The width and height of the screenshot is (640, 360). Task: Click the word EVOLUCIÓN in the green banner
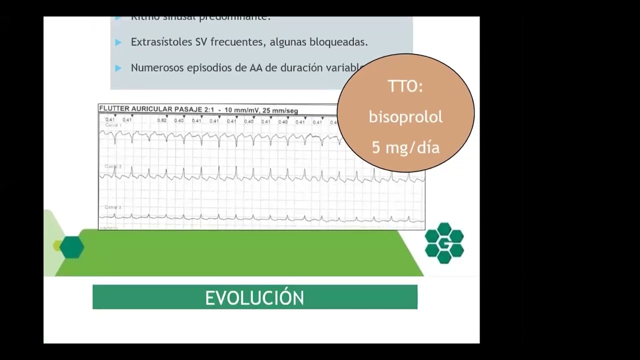click(x=254, y=297)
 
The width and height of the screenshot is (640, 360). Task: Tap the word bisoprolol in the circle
click(x=405, y=117)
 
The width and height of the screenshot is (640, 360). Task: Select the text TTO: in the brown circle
click(x=405, y=86)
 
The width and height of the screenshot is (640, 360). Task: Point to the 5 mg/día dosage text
click(x=405, y=148)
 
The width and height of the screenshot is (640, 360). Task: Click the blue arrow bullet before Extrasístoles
click(x=118, y=42)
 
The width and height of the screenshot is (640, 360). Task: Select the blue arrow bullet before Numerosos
click(x=118, y=68)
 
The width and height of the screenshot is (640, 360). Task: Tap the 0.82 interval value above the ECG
click(x=161, y=120)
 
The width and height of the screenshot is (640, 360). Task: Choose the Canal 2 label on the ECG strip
click(x=113, y=166)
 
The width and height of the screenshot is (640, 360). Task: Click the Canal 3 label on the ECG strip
click(x=113, y=207)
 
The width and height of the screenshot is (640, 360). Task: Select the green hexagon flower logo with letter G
click(x=444, y=243)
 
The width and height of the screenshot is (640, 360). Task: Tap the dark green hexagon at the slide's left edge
click(x=71, y=247)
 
